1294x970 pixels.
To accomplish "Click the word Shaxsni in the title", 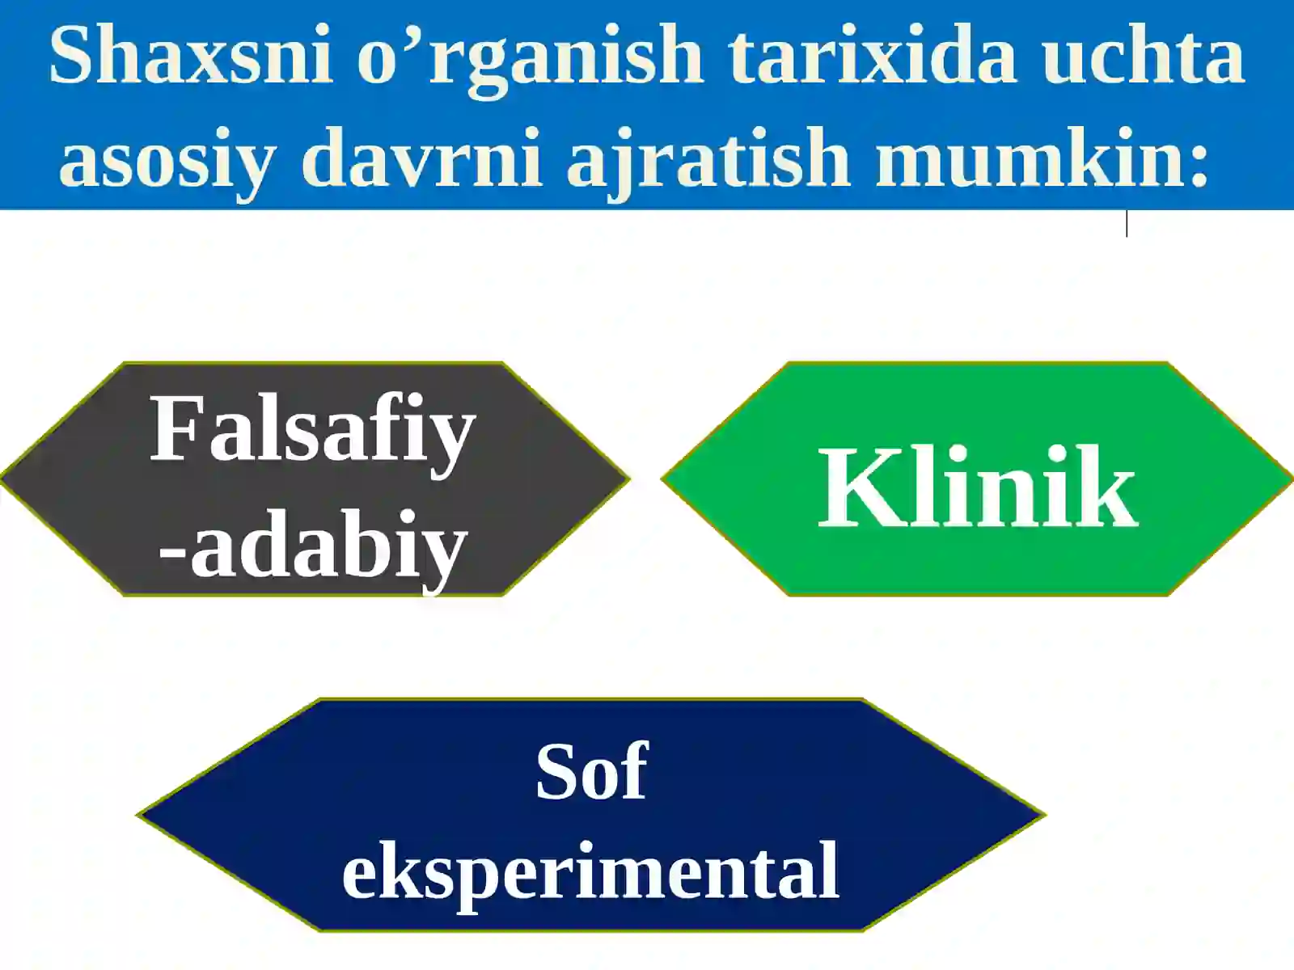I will [x=191, y=55].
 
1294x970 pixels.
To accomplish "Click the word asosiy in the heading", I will [x=167, y=158].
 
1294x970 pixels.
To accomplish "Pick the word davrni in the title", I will [x=421, y=157].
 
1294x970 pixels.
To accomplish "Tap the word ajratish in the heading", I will [x=708, y=158].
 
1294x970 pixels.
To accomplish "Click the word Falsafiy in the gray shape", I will [x=312, y=430].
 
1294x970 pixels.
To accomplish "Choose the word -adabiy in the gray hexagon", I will [x=312, y=546].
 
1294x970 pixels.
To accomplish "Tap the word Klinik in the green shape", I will [x=978, y=488].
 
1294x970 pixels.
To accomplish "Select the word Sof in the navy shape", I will [x=591, y=771].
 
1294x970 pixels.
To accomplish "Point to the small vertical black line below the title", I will [x=1127, y=223].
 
